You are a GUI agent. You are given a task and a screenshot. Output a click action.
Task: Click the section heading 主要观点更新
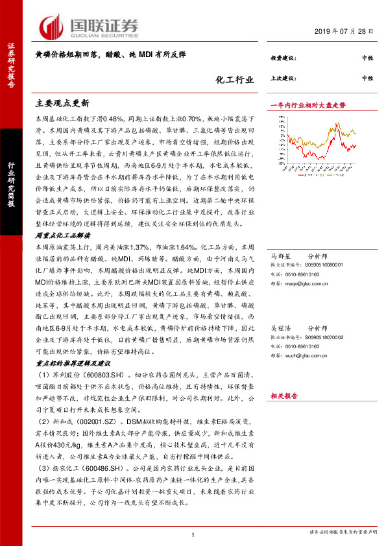tap(62, 104)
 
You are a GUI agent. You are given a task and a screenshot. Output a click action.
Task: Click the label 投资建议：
tap(283, 59)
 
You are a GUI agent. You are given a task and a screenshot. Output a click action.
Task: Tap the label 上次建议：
tap(283, 78)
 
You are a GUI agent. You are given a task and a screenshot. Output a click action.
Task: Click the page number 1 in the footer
tap(193, 534)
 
